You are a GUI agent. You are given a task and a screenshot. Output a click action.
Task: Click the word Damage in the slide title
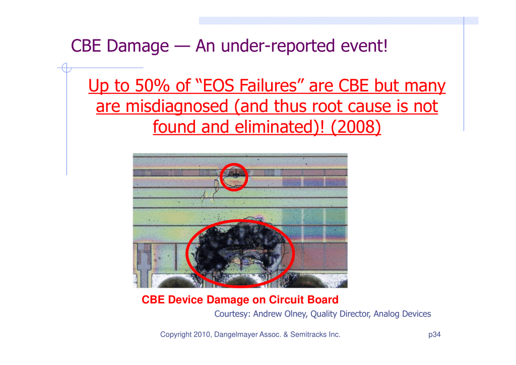(x=138, y=46)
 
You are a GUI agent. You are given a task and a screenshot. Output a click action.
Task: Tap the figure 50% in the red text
(x=152, y=85)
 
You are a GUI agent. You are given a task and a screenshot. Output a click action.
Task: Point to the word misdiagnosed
(x=177, y=107)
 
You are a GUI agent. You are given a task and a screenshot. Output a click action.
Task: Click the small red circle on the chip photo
(x=234, y=177)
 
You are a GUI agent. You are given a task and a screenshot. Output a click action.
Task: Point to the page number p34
(x=434, y=334)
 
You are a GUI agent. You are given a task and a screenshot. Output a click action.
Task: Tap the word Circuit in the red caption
(x=285, y=299)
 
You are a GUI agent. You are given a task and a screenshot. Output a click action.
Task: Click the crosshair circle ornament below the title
(x=67, y=68)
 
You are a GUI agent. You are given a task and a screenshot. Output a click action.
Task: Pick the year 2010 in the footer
(x=202, y=334)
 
